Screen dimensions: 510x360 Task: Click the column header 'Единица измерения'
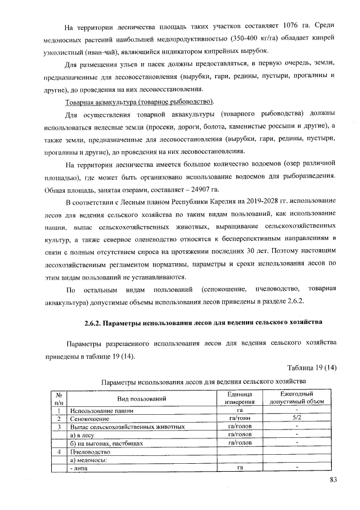(240, 398)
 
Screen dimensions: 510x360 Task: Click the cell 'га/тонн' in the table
(240, 419)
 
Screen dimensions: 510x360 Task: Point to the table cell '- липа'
(78, 468)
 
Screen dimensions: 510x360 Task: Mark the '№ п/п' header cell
(58, 398)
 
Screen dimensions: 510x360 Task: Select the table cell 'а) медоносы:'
(88, 460)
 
